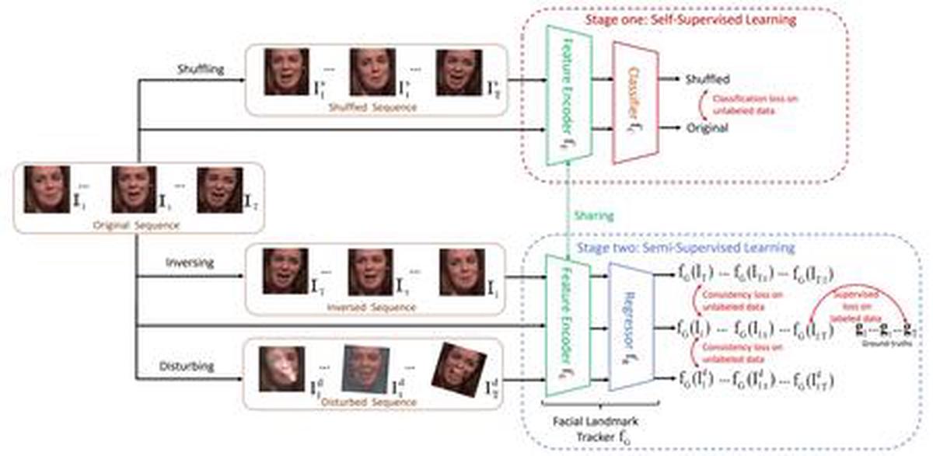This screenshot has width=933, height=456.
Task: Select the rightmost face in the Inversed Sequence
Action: tap(461, 271)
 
